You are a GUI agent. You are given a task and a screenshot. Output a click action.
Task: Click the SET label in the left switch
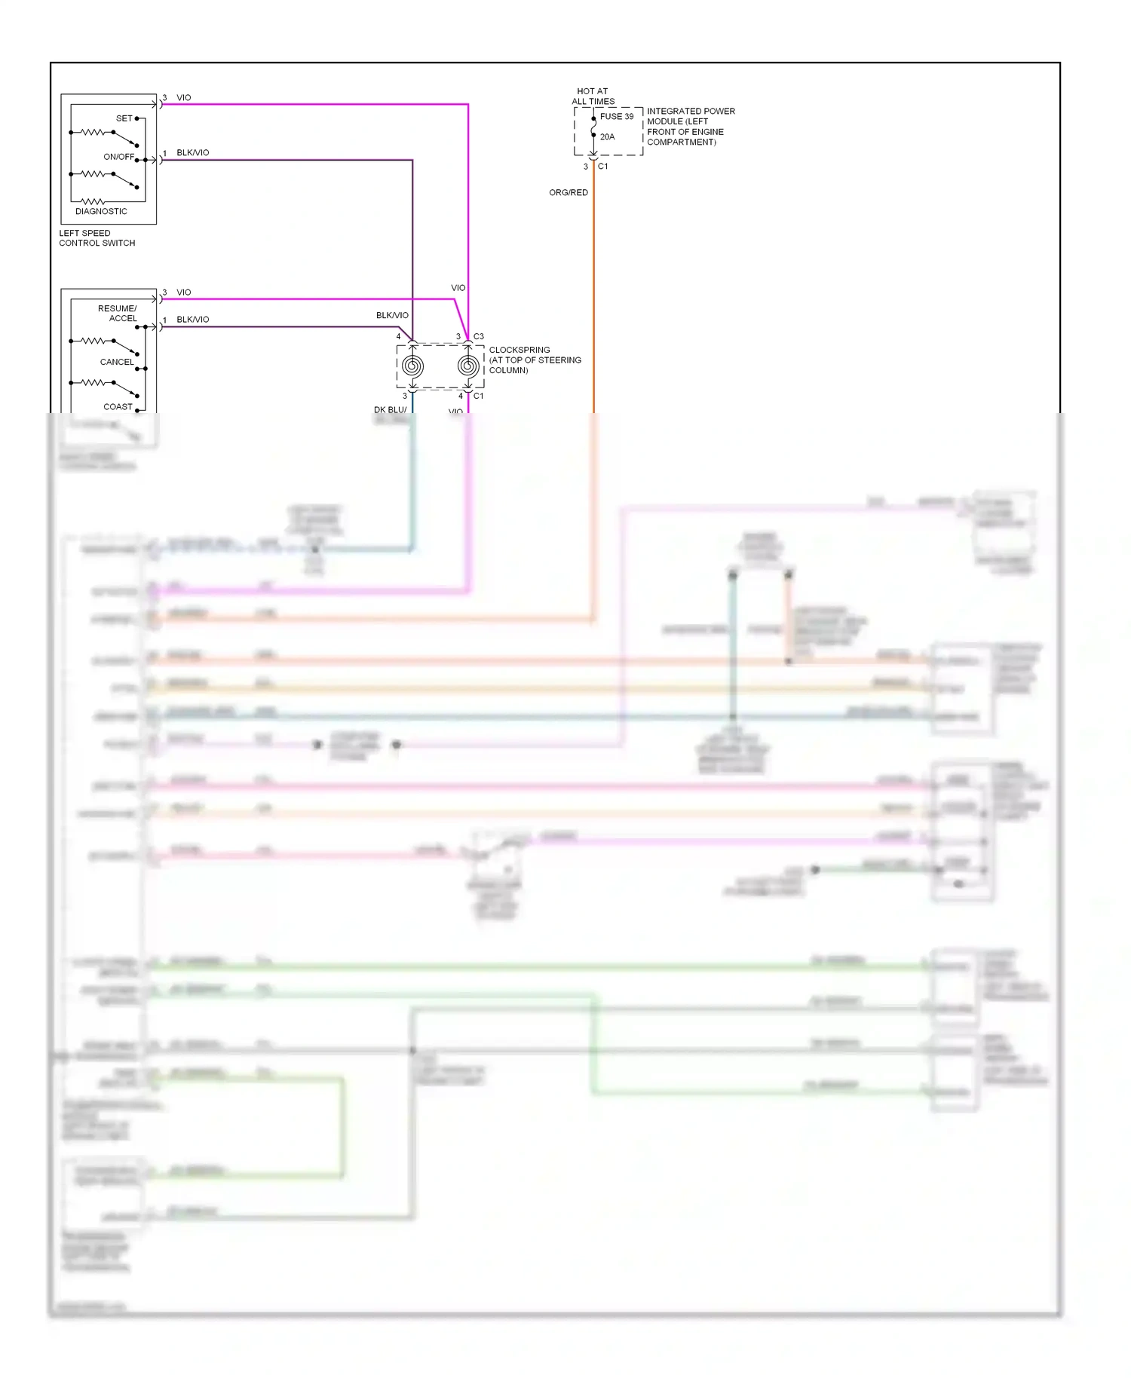tap(124, 118)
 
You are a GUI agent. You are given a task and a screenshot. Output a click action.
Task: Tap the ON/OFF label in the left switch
tap(118, 157)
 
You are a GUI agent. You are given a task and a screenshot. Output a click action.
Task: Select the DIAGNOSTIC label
tap(101, 211)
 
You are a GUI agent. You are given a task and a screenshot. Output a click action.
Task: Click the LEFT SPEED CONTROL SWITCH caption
tap(97, 238)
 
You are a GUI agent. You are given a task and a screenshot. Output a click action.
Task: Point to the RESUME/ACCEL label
tap(118, 314)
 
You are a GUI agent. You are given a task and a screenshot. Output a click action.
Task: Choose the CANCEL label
tap(117, 362)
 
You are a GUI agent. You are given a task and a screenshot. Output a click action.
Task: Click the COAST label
tap(118, 406)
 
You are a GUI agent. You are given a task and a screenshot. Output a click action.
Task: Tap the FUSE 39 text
tap(617, 116)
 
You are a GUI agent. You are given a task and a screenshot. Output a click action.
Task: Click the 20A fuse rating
tap(607, 136)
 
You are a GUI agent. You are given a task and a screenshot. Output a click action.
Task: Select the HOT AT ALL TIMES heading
tap(593, 96)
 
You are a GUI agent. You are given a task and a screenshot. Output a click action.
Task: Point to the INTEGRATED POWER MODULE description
tap(690, 126)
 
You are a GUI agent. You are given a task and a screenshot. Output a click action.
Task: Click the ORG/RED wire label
tap(568, 192)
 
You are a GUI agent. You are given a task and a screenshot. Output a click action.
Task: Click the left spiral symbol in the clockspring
tap(412, 366)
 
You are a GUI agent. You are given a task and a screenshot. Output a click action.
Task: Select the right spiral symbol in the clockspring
tap(467, 366)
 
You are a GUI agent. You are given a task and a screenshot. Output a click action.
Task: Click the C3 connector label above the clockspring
tap(479, 336)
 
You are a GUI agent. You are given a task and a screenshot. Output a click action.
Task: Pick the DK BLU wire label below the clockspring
tap(390, 409)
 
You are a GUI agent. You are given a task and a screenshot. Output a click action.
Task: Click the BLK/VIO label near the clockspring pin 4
tap(392, 315)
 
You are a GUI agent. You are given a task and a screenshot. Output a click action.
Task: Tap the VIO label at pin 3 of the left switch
tap(183, 97)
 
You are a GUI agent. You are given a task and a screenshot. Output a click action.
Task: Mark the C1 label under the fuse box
tap(602, 166)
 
